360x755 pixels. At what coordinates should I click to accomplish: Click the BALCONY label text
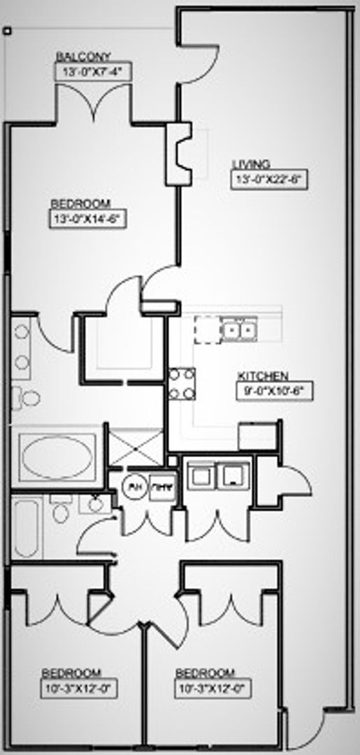tap(83, 57)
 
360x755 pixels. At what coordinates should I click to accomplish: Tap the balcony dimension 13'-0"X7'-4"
tap(93, 71)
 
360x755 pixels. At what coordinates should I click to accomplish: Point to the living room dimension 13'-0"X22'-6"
tap(270, 179)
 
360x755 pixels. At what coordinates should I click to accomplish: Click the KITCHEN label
tap(263, 375)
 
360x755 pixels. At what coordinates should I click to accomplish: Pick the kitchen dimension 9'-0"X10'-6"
tap(275, 390)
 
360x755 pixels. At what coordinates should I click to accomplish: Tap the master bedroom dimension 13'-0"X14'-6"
tap(87, 218)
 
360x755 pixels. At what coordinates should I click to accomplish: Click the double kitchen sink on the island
tap(238, 327)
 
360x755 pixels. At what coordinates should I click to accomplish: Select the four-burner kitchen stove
tap(182, 384)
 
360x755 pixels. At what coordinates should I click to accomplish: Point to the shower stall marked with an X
tap(136, 448)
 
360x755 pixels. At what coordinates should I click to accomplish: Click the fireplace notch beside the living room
tap(180, 154)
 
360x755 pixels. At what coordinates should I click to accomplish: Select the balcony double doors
tap(94, 103)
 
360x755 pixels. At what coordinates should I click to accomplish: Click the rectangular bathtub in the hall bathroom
tap(26, 526)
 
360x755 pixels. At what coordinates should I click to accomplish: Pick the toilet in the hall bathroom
tap(61, 510)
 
